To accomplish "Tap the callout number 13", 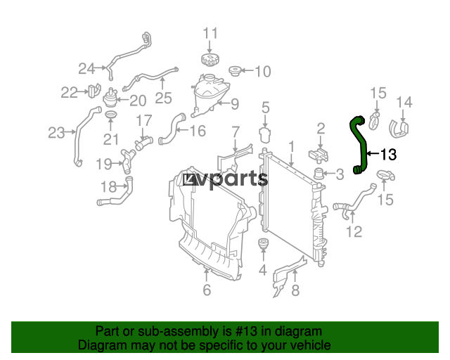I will click(x=388, y=154).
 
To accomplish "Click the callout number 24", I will click(x=86, y=68).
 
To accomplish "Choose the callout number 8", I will click(x=295, y=290).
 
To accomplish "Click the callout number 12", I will click(x=354, y=231).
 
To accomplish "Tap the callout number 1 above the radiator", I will click(x=290, y=146).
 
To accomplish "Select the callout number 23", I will click(x=56, y=131).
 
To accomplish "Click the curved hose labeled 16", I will click(x=171, y=131).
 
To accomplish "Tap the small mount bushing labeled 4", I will click(x=263, y=246).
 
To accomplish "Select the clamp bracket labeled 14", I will click(x=402, y=129).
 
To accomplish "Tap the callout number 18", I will click(x=109, y=187).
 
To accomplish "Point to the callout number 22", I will click(x=69, y=92).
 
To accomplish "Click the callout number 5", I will click(x=266, y=108).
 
